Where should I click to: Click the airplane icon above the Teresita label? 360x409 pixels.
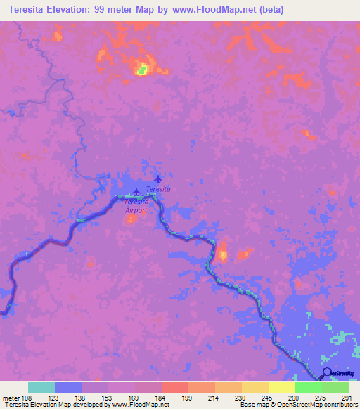pos(157,180)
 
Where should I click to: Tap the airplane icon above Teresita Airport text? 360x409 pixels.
pos(136,191)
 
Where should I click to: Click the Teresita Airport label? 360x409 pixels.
pos(136,205)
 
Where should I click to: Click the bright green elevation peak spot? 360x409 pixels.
pos(142,69)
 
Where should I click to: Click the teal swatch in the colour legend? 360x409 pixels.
pos(41,387)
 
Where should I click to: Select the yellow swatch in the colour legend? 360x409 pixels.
pos(281,387)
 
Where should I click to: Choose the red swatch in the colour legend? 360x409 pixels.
pos(174,387)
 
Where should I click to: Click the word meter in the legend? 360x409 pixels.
pos(11,397)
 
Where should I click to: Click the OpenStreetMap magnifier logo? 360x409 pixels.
pos(328,374)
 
